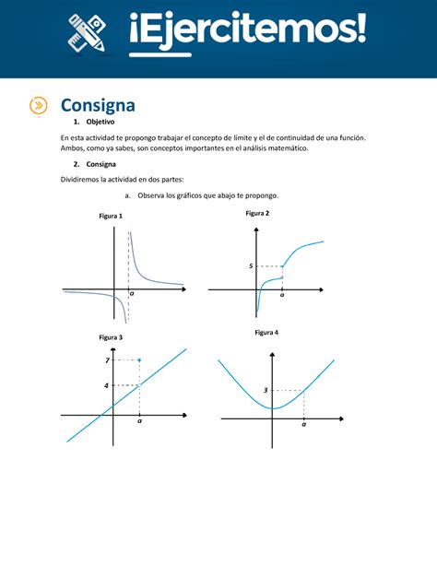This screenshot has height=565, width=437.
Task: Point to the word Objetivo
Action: [x=100, y=122]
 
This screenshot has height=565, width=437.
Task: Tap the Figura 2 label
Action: [x=257, y=213]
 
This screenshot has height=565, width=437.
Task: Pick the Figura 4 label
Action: [x=267, y=331]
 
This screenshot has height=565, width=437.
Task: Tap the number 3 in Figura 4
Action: [x=266, y=391]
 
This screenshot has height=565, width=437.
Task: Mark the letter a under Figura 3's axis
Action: [x=139, y=422]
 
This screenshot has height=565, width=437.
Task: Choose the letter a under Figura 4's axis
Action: [x=303, y=425]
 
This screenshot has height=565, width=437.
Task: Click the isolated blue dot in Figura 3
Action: [x=139, y=359]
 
